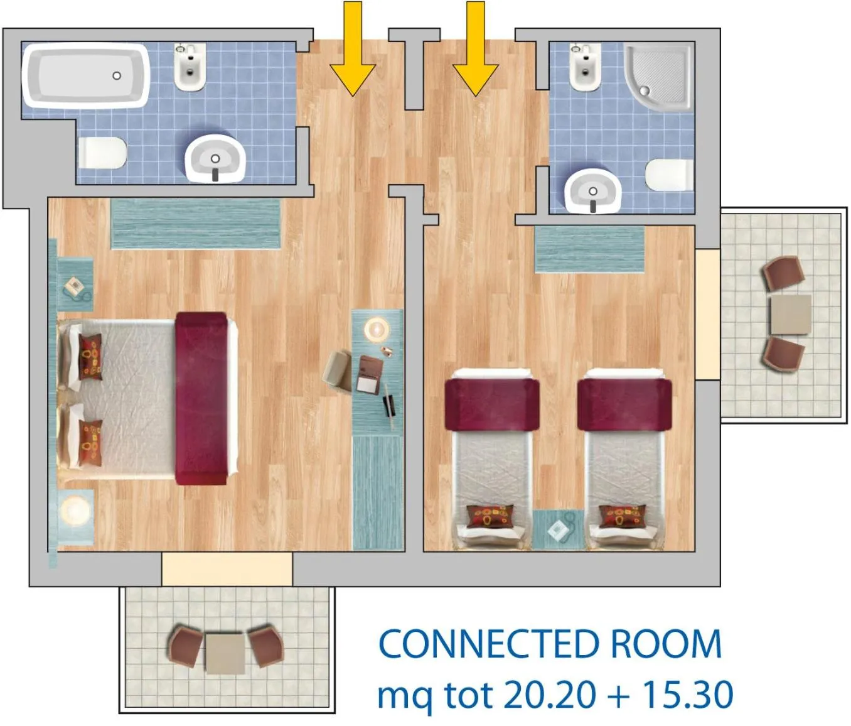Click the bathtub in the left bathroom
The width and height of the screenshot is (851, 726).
pos(86,75)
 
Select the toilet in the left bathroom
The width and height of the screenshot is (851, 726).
pos(102,153)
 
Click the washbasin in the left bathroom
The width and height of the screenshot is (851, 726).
pos(215,158)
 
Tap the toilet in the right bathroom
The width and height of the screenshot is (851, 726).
pos(670,175)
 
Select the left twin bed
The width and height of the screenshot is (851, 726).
pos(492,458)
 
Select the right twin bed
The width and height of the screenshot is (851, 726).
pos(624,458)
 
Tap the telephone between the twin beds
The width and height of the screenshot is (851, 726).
pos(559,529)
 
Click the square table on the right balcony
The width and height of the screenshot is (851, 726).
pos(789,315)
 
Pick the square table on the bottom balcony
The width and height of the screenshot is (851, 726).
pos(225,654)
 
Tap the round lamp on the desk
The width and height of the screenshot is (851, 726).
pos(377,328)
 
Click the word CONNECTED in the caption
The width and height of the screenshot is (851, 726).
pos(488,645)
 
